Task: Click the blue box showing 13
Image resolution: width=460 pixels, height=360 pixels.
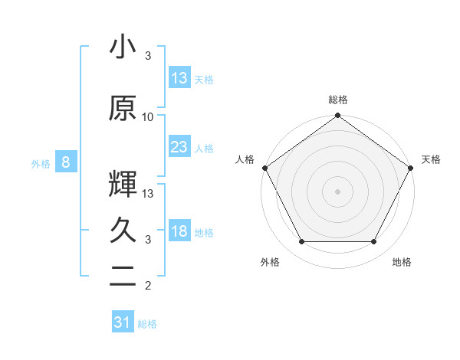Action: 179,78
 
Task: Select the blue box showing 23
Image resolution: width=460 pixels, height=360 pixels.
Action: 179,147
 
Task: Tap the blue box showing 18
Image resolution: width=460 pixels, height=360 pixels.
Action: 179,231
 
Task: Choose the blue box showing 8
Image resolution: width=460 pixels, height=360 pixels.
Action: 66,162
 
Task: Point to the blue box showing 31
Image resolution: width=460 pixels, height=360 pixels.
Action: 123,322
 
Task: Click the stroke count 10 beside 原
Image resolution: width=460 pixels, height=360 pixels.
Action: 148,116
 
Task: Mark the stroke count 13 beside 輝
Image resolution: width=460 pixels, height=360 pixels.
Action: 148,193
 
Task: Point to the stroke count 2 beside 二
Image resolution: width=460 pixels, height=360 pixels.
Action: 148,286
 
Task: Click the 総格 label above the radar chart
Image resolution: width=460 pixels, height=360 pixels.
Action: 337,100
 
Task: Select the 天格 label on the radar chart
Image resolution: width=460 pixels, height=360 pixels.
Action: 431,159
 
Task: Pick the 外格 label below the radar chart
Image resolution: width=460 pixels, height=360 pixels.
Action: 270,263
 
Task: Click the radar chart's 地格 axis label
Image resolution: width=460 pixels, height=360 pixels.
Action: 402,263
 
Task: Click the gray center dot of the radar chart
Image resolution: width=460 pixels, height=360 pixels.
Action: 337,191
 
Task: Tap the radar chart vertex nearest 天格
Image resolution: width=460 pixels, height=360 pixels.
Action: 411,167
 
